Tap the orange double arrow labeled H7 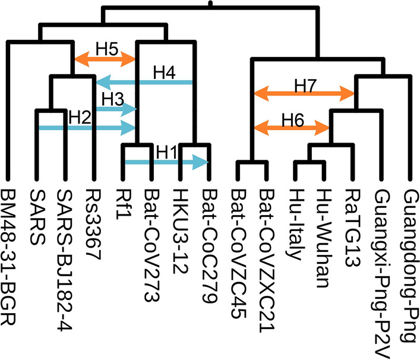click(304, 93)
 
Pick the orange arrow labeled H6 click(291, 127)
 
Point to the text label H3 click(113, 97)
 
